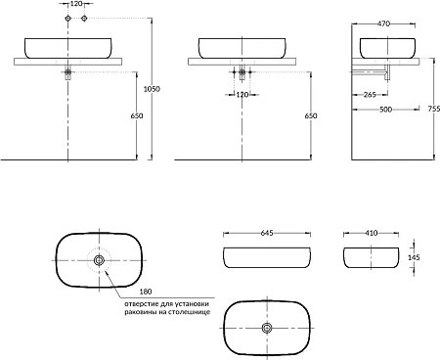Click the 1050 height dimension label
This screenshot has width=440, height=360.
pyautogui.click(x=152, y=89)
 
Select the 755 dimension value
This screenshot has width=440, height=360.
pyautogui.click(x=434, y=109)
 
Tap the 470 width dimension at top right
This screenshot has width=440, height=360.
pyautogui.click(x=383, y=23)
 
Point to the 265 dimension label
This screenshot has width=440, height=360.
pyautogui.click(x=370, y=95)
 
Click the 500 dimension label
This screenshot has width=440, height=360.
pyautogui.click(x=385, y=110)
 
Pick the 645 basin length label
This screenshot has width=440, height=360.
pyautogui.click(x=267, y=233)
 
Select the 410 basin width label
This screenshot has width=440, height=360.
pyautogui.click(x=372, y=233)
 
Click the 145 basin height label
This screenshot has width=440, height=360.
pyautogui.click(x=414, y=257)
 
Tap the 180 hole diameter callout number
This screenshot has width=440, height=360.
pyautogui.click(x=146, y=292)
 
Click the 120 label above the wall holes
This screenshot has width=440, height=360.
pyautogui.click(x=76, y=4)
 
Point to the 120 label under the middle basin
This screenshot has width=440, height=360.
pyautogui.click(x=242, y=95)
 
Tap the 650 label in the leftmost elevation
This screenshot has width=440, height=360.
pyautogui.click(x=137, y=115)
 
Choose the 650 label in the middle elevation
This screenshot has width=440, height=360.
pyautogui.click(x=311, y=115)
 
